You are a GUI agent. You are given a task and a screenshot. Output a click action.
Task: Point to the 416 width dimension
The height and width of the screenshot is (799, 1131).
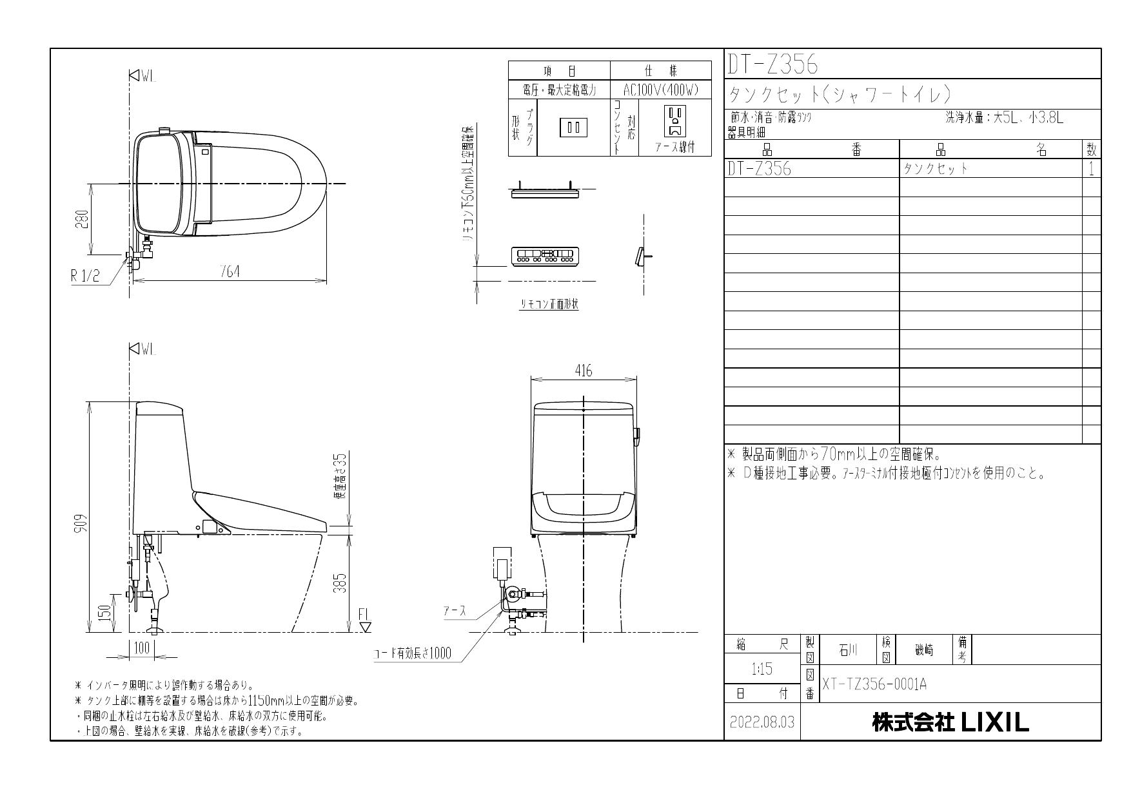tap(583, 371)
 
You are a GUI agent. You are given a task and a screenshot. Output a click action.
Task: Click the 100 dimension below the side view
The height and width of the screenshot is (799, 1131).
tap(141, 646)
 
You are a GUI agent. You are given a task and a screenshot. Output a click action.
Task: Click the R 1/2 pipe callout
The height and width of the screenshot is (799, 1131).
tap(85, 276)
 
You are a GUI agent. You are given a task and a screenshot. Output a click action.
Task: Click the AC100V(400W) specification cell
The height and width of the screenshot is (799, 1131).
tap(661, 90)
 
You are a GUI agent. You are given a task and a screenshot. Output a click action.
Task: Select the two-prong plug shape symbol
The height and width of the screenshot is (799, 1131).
tap(573, 127)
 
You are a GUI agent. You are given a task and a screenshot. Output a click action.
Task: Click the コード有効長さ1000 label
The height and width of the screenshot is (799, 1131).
tap(413, 654)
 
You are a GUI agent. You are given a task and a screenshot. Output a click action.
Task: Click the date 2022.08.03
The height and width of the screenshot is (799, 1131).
tap(762, 723)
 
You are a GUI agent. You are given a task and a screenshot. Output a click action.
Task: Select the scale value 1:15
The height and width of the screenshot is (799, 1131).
tap(762, 669)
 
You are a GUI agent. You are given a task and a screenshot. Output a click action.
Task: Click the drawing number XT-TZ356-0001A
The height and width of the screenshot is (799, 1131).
tap(874, 684)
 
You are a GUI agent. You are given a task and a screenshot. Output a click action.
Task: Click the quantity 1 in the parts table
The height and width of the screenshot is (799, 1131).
tap(1091, 169)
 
